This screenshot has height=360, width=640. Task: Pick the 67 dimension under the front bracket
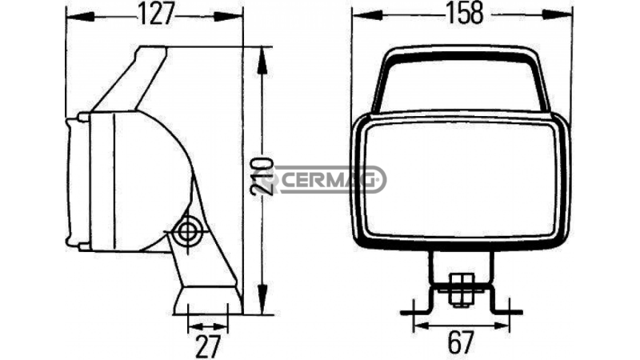click(x=459, y=342)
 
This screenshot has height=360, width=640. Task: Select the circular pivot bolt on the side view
click(x=189, y=233)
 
